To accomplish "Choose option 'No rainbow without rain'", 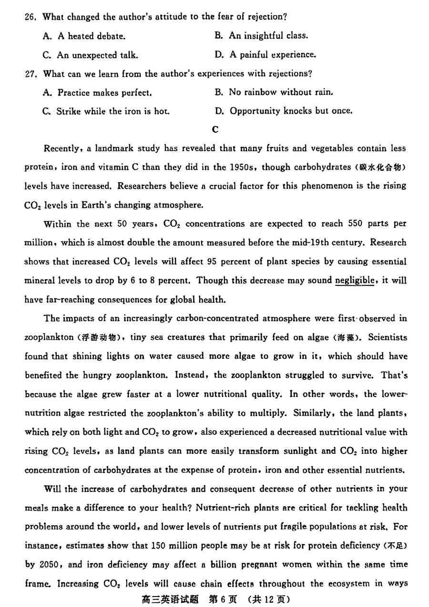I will (x=274, y=92).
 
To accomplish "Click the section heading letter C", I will (x=215, y=129).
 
